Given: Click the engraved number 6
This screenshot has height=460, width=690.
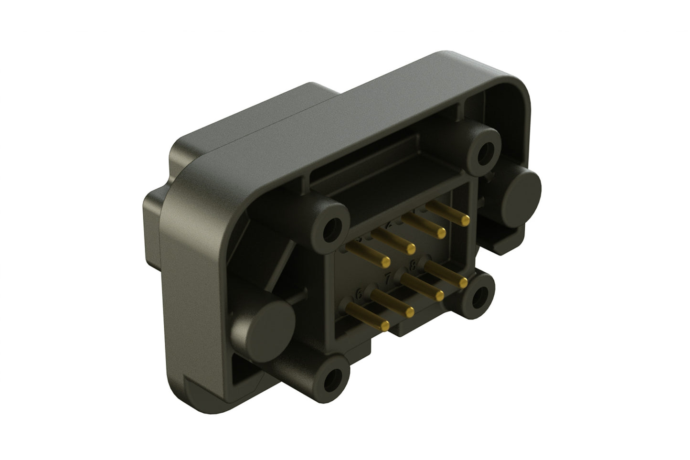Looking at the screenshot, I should pyautogui.click(x=359, y=296).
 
